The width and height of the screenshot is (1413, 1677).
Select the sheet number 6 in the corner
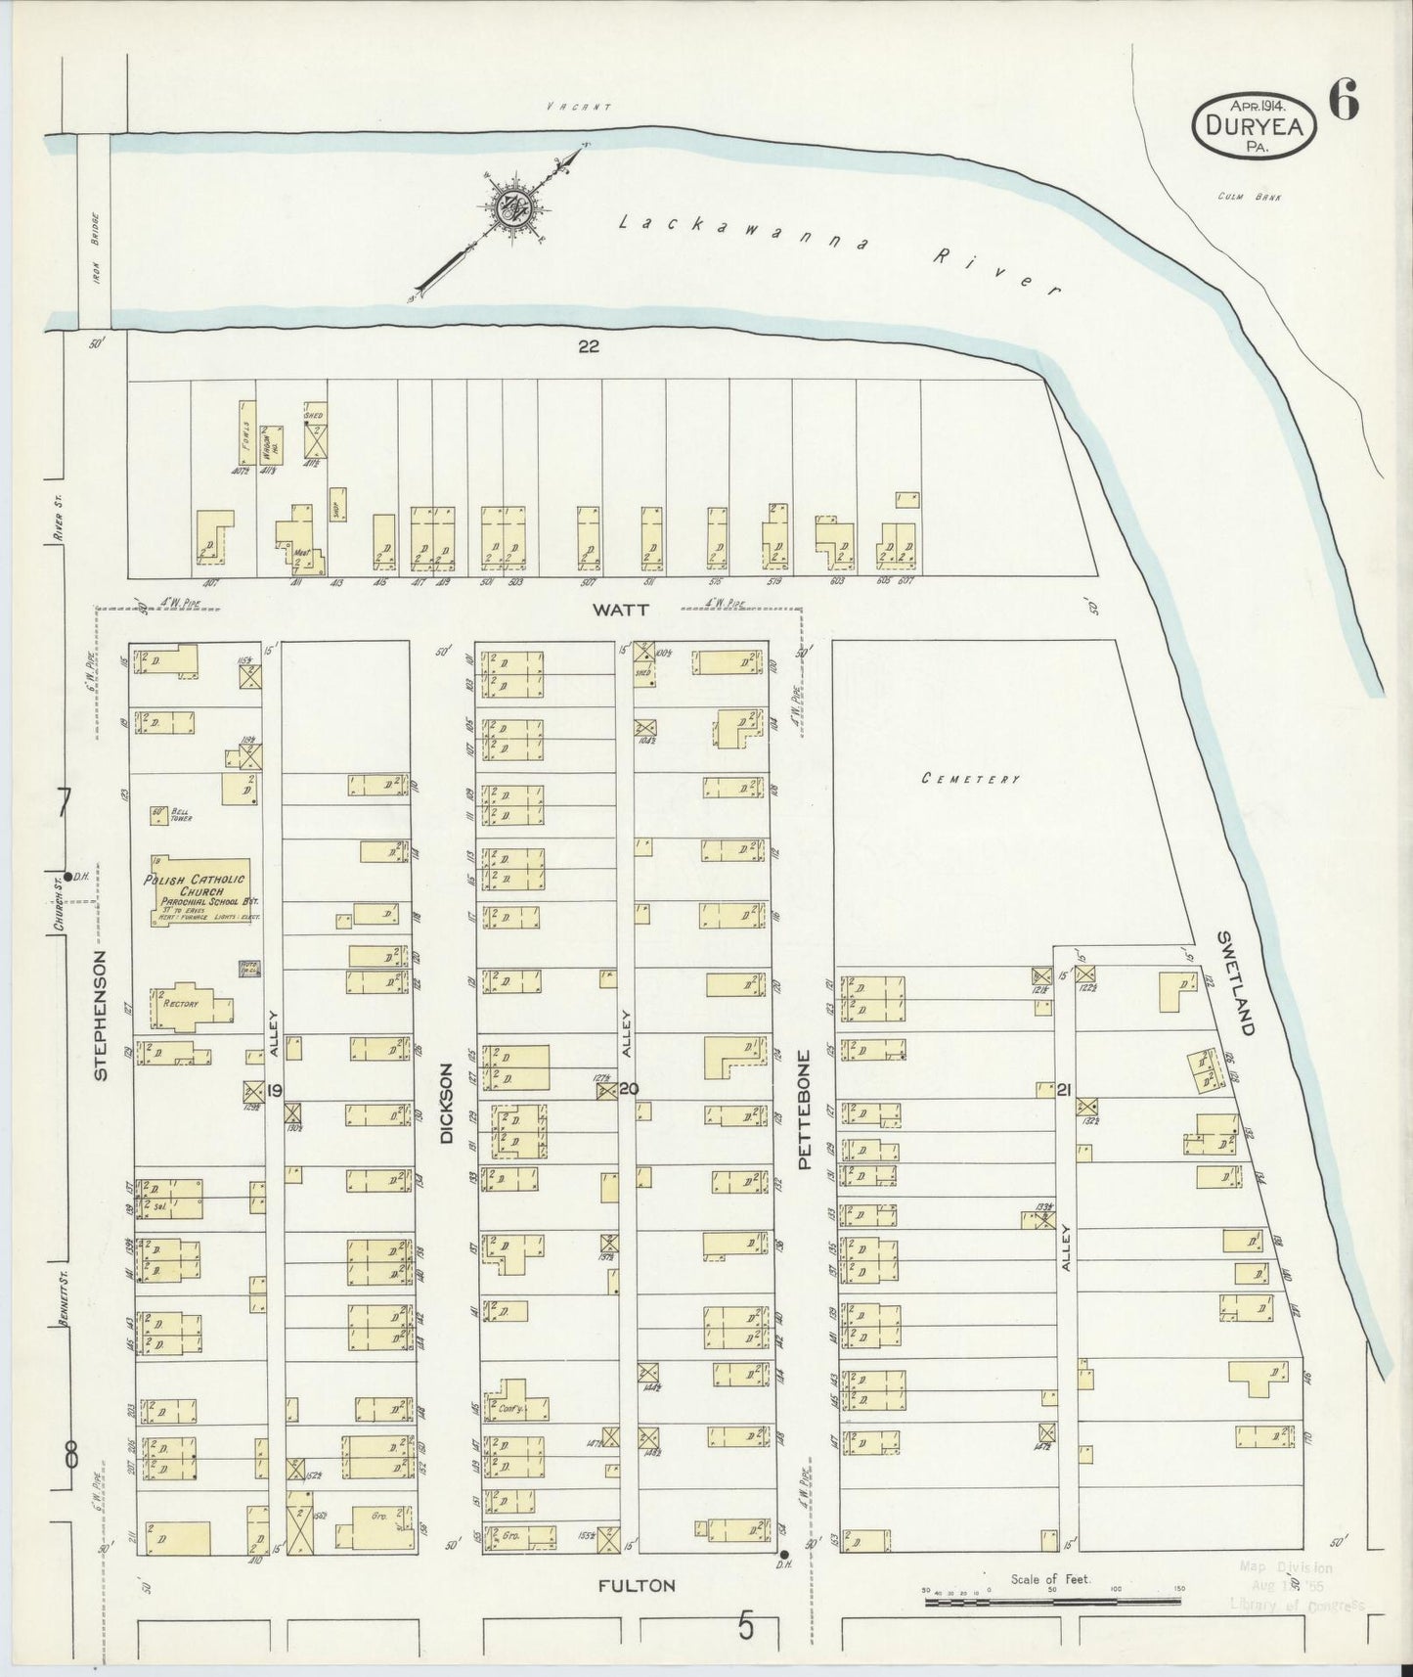1344,102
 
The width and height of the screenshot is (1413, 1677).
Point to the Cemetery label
972,779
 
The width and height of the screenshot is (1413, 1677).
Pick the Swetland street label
1238,982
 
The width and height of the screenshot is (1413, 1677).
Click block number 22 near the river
587,346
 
